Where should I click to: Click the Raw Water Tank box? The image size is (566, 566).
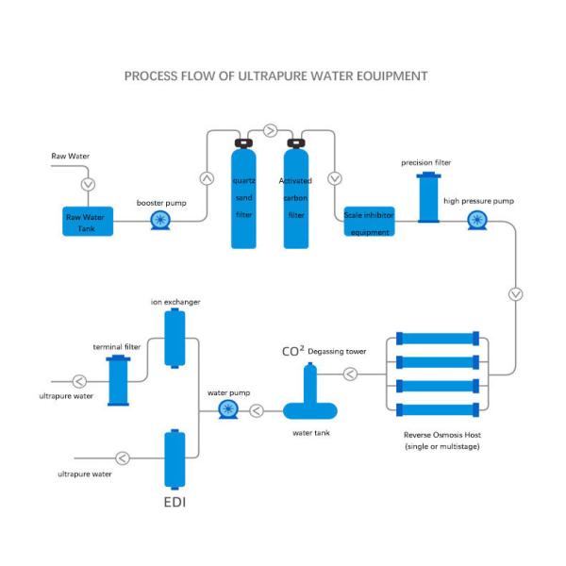coord(88,223)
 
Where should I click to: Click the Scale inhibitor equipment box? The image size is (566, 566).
coord(369,221)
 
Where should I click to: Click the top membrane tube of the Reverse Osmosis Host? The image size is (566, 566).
coord(439,337)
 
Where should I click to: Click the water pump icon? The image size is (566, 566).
coord(226,409)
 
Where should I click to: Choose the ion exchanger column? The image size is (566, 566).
coord(173,338)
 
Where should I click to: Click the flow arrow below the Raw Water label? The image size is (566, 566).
coord(88,184)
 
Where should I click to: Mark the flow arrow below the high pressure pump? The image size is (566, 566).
coord(515,293)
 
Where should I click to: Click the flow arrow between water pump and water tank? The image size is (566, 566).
coord(258,409)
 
